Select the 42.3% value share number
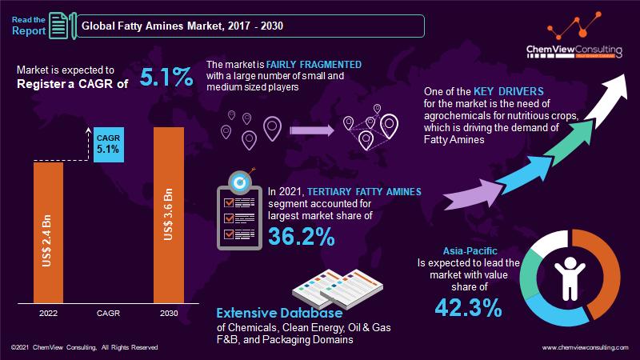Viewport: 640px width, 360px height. (470, 307)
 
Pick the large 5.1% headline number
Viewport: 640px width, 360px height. (166, 78)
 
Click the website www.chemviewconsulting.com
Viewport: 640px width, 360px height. (586, 348)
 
